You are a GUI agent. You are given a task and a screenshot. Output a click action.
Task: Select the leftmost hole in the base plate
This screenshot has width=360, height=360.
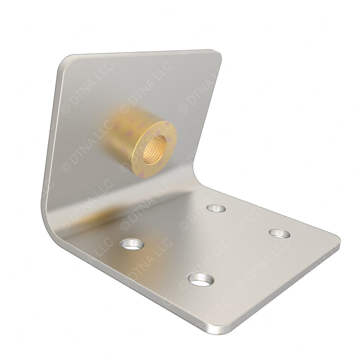(132, 244)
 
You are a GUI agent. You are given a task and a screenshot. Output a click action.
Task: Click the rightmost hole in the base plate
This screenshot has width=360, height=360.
(279, 233)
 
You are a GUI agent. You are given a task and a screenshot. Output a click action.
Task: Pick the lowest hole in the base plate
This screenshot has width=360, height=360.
(200, 279)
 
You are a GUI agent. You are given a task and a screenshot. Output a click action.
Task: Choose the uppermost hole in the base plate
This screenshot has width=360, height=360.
(216, 208)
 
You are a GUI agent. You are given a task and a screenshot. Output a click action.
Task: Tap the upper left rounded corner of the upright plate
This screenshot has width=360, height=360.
(65, 61)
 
